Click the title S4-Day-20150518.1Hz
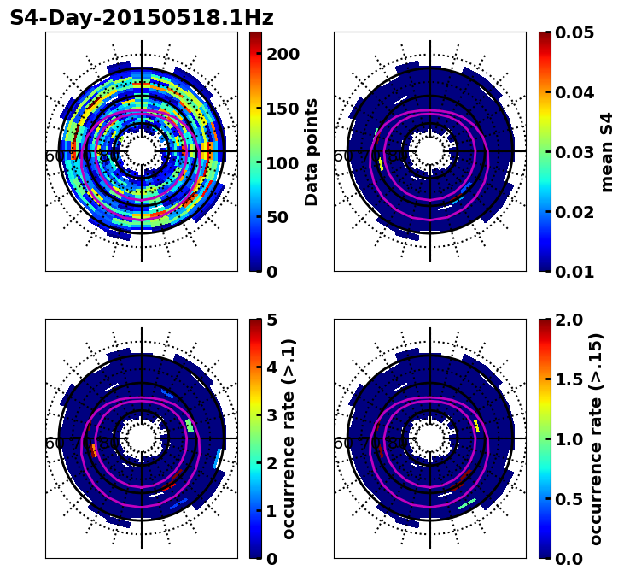142,17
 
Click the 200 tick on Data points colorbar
281,54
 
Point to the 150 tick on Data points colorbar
281,109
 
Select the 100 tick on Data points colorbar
281,163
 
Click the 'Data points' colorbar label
312,151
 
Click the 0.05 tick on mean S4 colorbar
574,32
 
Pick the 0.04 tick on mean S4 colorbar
574,92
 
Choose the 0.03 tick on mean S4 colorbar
574,152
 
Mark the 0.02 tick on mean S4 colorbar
574,212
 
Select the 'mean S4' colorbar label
607,151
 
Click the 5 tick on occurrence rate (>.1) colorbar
272,320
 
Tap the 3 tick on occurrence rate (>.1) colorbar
272,415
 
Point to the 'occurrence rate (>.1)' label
289,439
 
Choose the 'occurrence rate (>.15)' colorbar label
596,439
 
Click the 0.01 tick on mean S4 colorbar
574,272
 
